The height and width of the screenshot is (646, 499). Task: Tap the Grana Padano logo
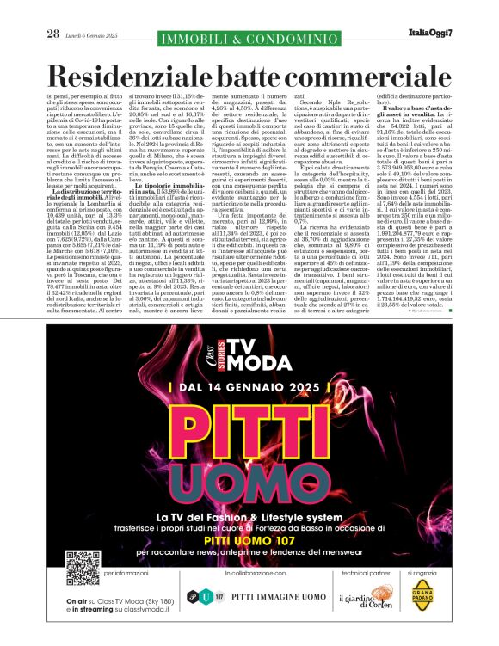point(422,594)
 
